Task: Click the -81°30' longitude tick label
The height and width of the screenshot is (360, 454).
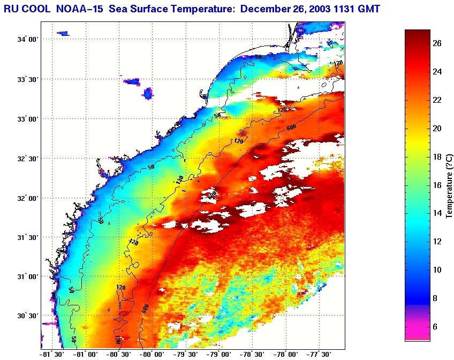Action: click(52, 354)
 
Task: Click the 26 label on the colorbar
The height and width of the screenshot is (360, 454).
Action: click(437, 44)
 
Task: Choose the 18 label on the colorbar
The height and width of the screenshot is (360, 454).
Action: click(437, 157)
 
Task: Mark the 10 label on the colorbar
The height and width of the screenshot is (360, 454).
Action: click(437, 270)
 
